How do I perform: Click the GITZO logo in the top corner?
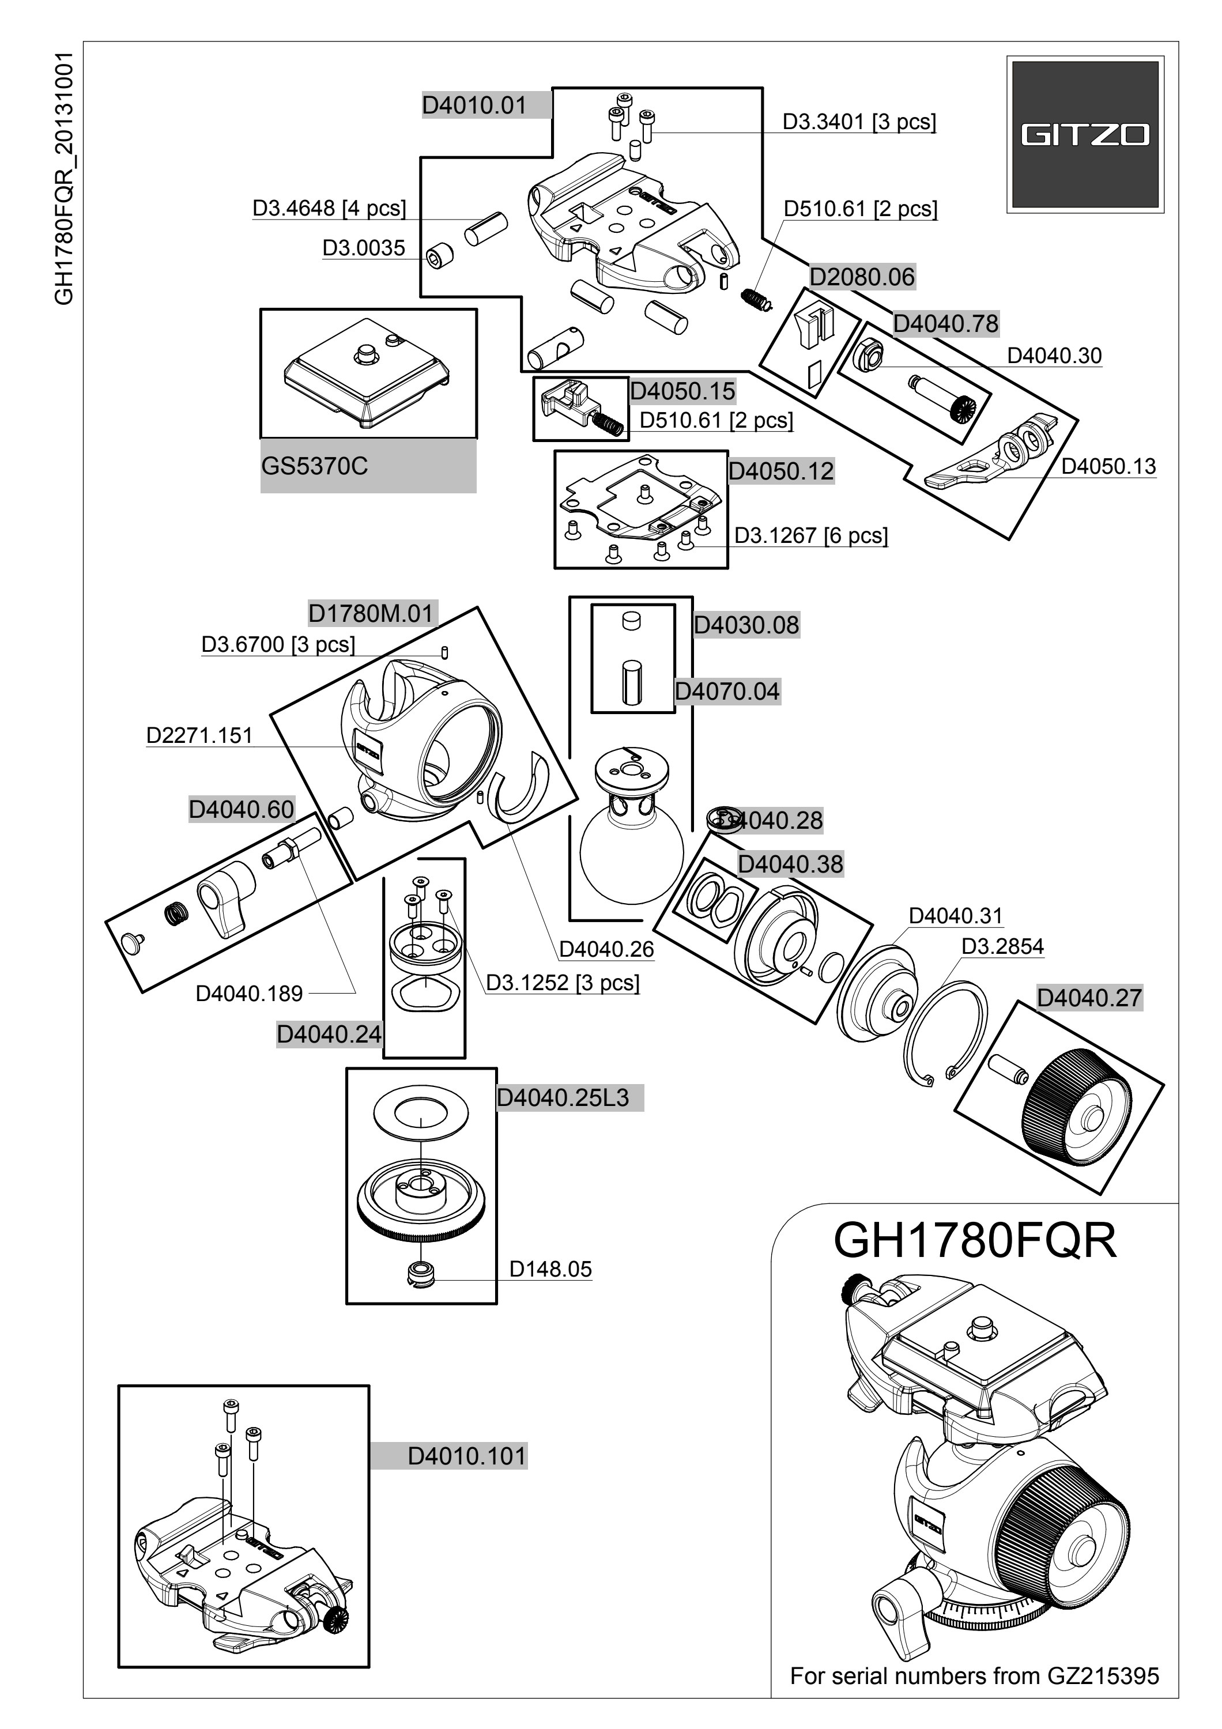point(1085,135)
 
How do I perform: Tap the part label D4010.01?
point(474,105)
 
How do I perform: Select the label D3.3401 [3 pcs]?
point(859,122)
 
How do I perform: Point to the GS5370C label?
point(315,466)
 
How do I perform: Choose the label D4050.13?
point(1108,466)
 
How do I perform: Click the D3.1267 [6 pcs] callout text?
point(811,535)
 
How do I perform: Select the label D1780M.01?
point(371,614)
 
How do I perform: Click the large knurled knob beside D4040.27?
point(1077,1108)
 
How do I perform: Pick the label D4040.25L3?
point(563,1098)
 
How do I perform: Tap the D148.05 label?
point(550,1269)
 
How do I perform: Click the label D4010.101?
point(467,1456)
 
